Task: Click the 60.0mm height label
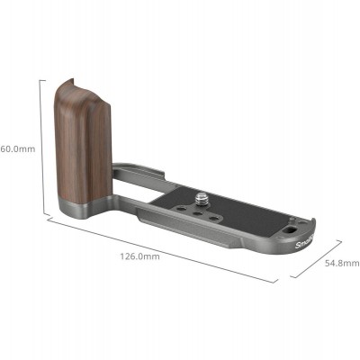[17, 148]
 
